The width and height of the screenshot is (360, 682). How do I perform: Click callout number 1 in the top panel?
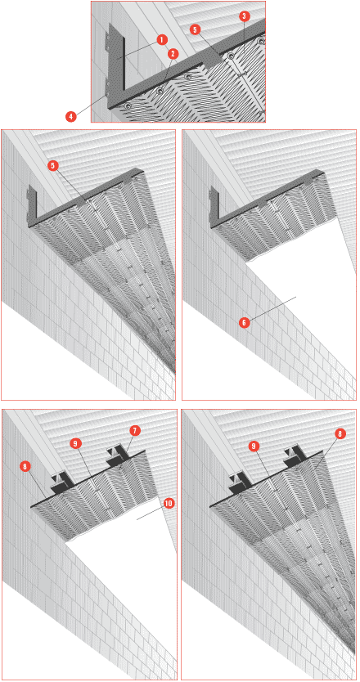click(161, 40)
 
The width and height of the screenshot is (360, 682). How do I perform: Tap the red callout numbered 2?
click(173, 54)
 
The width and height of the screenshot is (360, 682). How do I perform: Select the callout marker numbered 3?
click(244, 16)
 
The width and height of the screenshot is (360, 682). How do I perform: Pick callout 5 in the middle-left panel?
click(53, 167)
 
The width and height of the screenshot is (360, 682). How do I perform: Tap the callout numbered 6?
click(244, 323)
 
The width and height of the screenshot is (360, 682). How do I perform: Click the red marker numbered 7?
click(134, 431)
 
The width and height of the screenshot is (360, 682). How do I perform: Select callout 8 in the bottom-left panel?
click(25, 467)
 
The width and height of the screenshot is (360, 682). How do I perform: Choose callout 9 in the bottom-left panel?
click(75, 443)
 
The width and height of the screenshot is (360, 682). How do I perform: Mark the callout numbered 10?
click(168, 503)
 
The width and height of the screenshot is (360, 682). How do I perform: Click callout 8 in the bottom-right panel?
click(340, 433)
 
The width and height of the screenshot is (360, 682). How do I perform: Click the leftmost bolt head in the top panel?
click(128, 106)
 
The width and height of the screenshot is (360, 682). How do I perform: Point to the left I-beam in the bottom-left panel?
click(62, 482)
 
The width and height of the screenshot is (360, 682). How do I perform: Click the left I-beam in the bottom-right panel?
click(241, 482)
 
